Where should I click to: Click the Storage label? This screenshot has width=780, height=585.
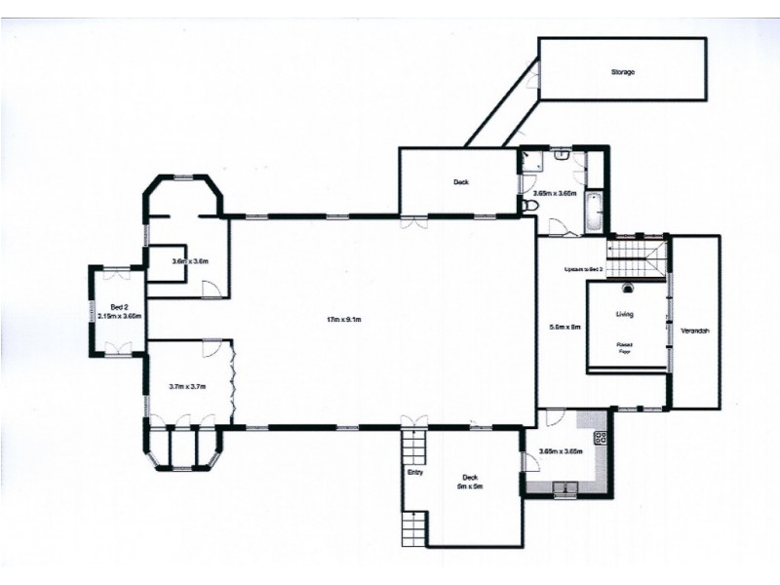623,72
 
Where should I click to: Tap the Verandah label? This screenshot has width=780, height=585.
694,331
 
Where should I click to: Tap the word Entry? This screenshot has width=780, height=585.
414,473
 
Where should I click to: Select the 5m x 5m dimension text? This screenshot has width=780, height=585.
470,486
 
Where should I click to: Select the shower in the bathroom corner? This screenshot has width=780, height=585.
530,161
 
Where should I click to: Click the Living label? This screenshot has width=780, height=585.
624,315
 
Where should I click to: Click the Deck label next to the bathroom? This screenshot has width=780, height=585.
461,182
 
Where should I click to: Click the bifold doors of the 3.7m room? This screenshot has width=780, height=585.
233,381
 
